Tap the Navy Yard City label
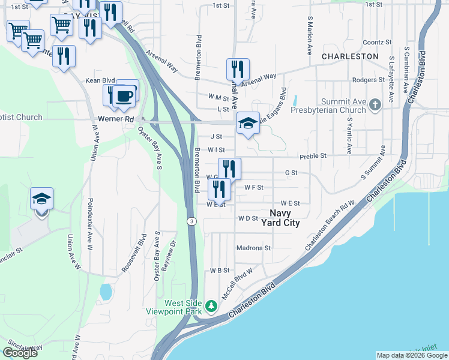point(280,218)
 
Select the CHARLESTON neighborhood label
point(350,56)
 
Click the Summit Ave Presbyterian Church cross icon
point(375,106)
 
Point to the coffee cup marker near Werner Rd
point(124,95)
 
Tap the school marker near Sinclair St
point(42,199)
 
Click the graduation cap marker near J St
point(248,124)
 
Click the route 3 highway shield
point(191,221)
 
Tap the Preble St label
point(313,155)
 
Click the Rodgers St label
point(369,80)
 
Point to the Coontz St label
point(377,43)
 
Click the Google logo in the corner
point(20,353)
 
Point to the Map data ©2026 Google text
point(411,355)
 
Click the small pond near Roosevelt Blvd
point(106,292)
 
